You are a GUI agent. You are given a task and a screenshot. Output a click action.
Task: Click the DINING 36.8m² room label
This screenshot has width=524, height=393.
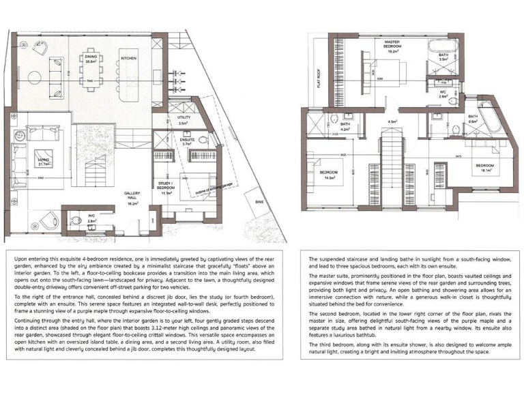coord(90,59)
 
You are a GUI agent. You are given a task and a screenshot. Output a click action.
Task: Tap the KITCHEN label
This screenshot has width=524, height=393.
coord(129,59)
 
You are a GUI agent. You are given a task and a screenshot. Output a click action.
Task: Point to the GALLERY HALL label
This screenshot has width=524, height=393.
coord(132,198)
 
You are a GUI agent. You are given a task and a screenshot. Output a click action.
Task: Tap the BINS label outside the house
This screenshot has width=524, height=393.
coord(258,202)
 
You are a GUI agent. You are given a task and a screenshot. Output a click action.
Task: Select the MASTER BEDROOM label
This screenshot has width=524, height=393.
coord(392,46)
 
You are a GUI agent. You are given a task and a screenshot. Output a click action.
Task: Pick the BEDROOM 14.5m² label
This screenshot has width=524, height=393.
coord(330,175)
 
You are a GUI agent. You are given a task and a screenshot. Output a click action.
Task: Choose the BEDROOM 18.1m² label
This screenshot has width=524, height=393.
coord(484,168)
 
